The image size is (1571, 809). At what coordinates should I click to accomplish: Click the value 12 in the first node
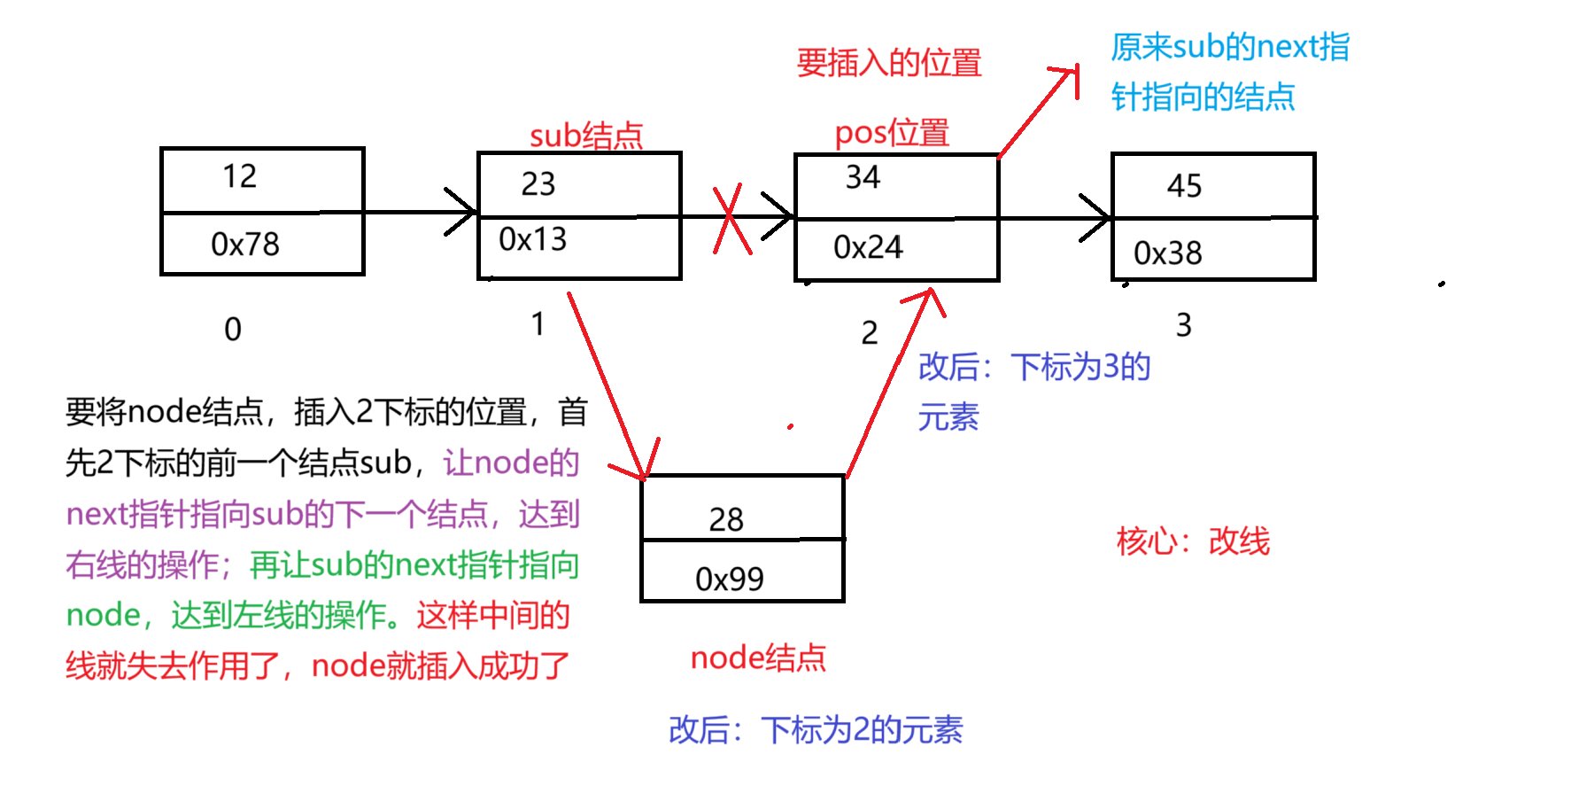point(239,176)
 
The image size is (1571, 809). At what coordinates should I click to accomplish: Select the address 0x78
point(245,244)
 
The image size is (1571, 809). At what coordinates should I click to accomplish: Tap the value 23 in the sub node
point(538,183)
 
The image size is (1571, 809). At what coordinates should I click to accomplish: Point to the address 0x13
point(532,239)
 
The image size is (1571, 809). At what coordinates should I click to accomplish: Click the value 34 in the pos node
point(863,177)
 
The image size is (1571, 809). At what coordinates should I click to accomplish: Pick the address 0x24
point(868,247)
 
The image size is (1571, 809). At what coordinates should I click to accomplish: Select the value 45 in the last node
point(1184,185)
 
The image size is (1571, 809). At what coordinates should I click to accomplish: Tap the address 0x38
point(1167,253)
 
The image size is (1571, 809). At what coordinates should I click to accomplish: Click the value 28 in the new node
point(726,519)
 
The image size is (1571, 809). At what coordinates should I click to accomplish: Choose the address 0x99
point(730,579)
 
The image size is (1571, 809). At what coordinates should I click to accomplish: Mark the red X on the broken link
point(731,219)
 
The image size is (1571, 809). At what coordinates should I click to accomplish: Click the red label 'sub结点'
point(585,136)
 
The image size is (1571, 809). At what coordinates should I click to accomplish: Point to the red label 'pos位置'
point(891,133)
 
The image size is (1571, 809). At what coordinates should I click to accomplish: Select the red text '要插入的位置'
point(889,63)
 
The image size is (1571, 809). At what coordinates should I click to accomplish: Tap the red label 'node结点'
point(758,657)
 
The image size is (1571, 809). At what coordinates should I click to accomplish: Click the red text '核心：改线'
point(1193,541)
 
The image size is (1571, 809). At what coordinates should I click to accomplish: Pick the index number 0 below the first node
point(233,330)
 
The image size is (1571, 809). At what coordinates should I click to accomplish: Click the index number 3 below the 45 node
point(1183,325)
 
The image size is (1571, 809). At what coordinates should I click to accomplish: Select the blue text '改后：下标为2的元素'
point(816,729)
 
